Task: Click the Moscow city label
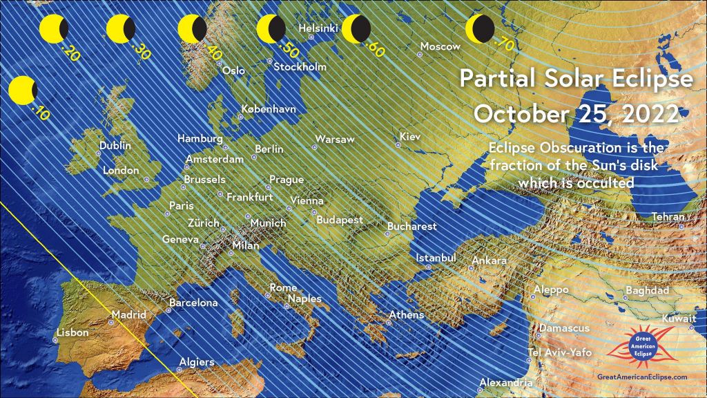440,47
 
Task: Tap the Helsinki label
318,28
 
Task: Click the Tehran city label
668,218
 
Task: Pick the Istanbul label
436,258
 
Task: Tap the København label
269,109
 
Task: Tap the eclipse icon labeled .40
191,30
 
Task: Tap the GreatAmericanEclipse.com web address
642,377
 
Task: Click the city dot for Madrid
112,322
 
